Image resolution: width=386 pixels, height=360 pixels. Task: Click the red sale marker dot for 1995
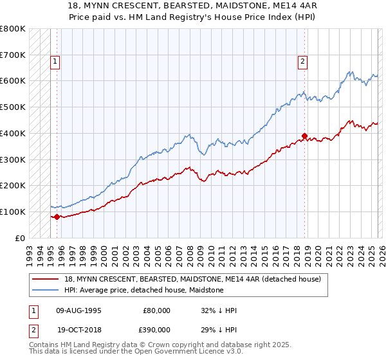(57, 217)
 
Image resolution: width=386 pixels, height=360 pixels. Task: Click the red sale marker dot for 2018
(304, 136)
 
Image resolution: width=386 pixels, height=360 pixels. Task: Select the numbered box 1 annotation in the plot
(55, 62)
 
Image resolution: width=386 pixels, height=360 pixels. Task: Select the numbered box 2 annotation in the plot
(302, 62)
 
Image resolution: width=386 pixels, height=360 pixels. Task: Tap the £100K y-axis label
(13, 212)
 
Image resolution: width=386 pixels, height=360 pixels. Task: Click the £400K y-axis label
(13, 133)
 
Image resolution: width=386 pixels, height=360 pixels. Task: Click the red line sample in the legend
(46, 279)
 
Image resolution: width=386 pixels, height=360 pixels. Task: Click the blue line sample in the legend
(46, 290)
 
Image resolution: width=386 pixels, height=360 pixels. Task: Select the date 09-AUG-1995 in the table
(79, 310)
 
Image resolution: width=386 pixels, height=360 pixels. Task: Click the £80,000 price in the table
(156, 310)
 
